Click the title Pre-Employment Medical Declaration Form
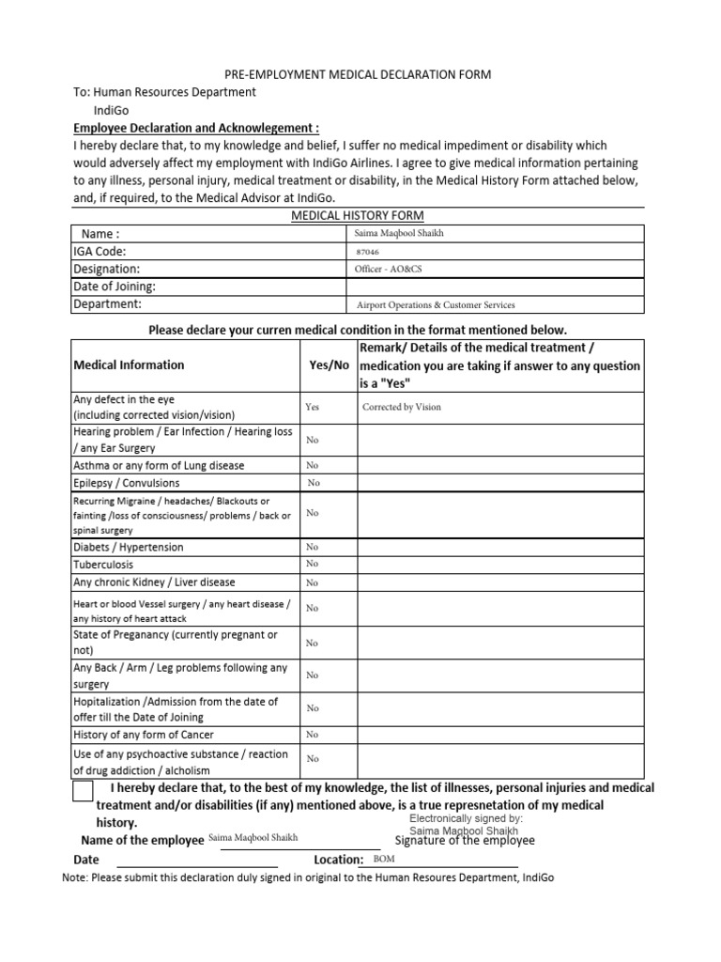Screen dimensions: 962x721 pyautogui.click(x=356, y=74)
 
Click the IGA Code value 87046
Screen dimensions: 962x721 pyautogui.click(x=368, y=252)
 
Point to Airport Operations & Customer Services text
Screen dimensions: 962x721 pyautogui.click(x=436, y=304)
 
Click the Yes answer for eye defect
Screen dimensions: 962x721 pyautogui.click(x=312, y=408)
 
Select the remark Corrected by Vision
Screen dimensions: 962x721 pyautogui.click(x=401, y=408)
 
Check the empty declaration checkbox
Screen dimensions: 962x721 pyautogui.click(x=83, y=792)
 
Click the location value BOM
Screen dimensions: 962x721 pyautogui.click(x=384, y=859)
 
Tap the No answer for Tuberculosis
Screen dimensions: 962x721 pyautogui.click(x=312, y=564)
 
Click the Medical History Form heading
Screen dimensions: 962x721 pyautogui.click(x=356, y=216)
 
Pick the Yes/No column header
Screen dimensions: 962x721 pyautogui.click(x=329, y=365)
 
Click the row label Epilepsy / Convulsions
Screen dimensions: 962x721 pyautogui.click(x=126, y=483)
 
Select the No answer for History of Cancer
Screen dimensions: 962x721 pyautogui.click(x=312, y=735)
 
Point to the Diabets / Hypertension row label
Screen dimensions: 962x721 pyautogui.click(x=129, y=547)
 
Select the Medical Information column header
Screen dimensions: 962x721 pyautogui.click(x=129, y=365)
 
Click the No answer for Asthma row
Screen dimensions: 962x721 pyautogui.click(x=312, y=465)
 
